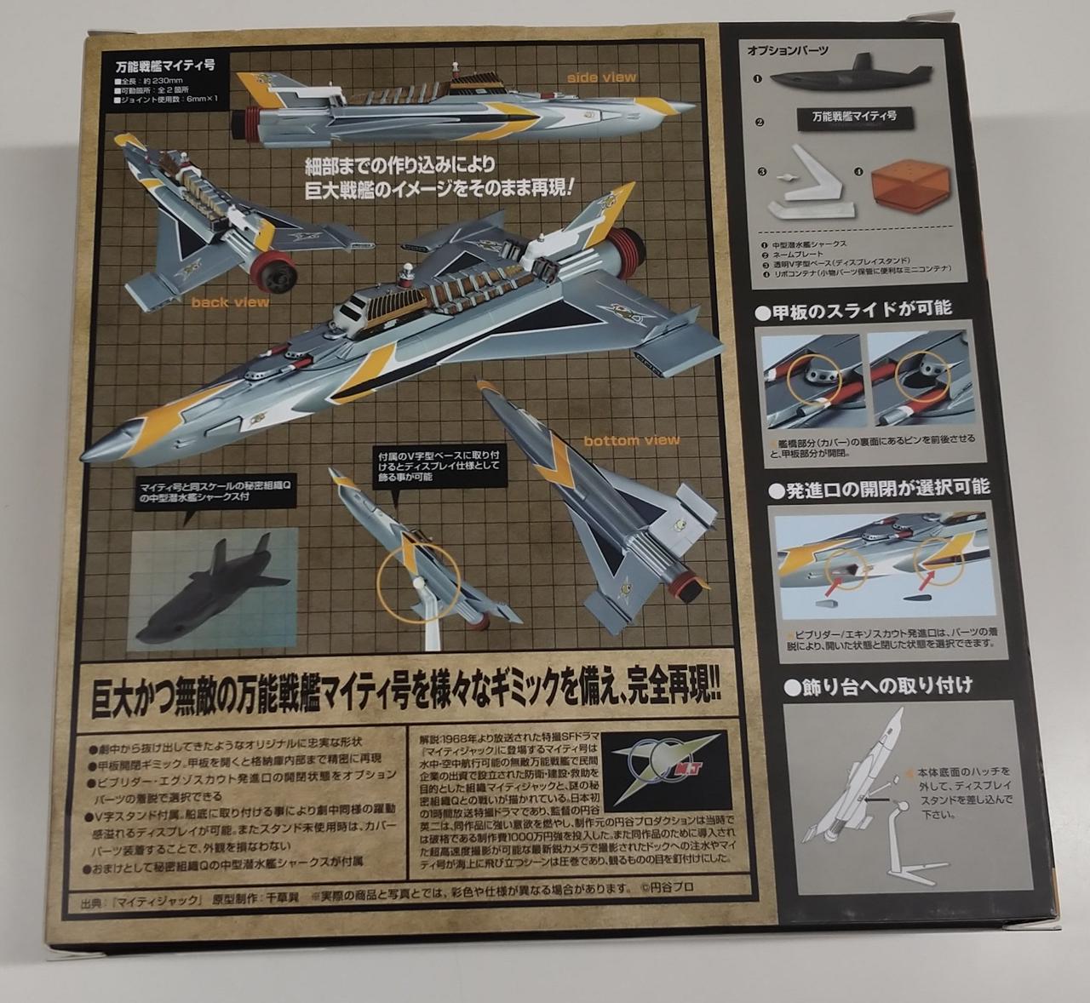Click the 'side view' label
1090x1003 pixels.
click(x=602, y=77)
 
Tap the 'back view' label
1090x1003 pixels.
click(x=230, y=301)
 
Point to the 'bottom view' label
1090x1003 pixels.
click(x=631, y=440)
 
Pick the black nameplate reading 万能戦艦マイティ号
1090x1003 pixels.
click(x=852, y=118)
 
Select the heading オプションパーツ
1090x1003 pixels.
click(x=787, y=51)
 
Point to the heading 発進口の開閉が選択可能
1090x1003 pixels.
click(x=879, y=487)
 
